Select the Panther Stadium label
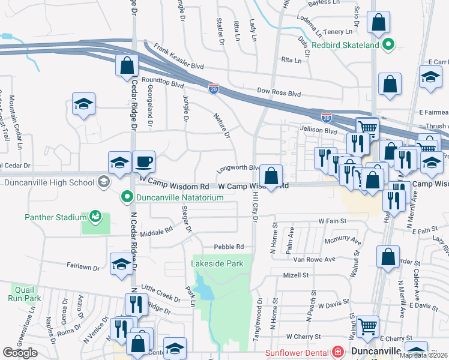pyautogui.click(x=57, y=217)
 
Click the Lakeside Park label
pyautogui.click(x=217, y=263)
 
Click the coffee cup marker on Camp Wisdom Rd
pyautogui.click(x=143, y=162)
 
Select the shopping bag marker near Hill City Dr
pyautogui.click(x=271, y=177)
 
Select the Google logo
pyautogui.click(x=20, y=352)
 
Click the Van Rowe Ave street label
pyautogui.click(x=313, y=259)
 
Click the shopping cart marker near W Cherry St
pyautogui.click(x=367, y=327)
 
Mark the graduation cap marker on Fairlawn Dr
pyautogui.click(x=121, y=264)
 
